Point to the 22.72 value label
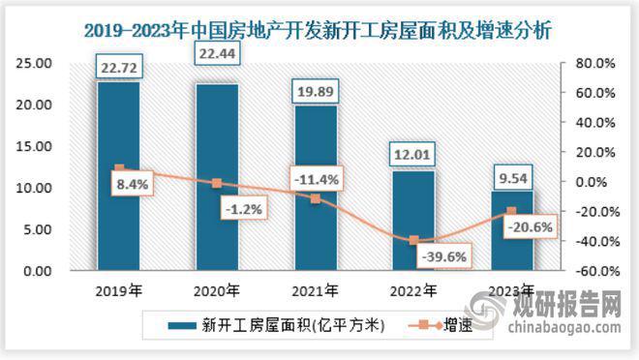pos(118,67)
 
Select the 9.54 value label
pos(512,177)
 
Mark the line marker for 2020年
pos(217,183)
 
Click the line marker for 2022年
pos(413,240)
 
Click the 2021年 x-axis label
pos(316,289)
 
